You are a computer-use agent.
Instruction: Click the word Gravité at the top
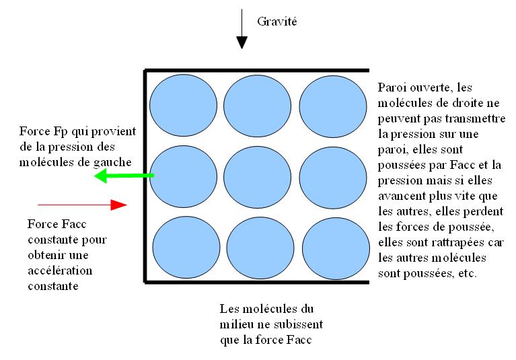click(x=277, y=22)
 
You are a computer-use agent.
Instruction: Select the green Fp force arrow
click(x=124, y=177)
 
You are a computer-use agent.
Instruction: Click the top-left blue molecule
click(x=180, y=106)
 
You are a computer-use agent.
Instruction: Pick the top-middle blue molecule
click(x=255, y=106)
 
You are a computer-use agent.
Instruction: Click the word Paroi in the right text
click(x=392, y=87)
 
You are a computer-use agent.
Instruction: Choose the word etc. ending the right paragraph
click(x=466, y=274)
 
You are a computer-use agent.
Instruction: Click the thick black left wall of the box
click(x=145, y=175)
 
